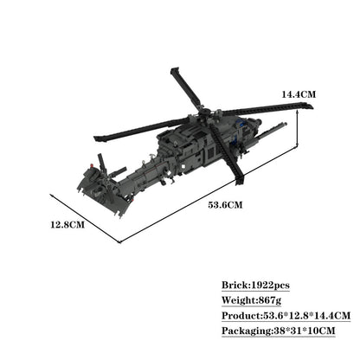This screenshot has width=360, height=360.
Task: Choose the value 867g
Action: (x=278, y=299)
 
